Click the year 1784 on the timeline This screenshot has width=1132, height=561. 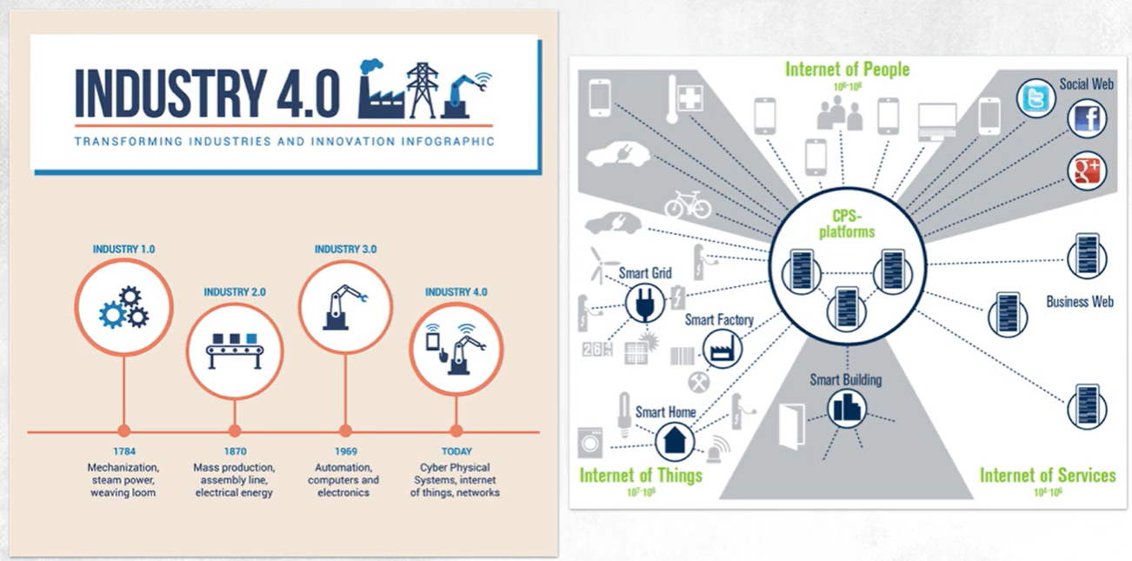point(123,451)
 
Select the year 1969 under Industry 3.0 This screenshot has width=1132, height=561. point(344,451)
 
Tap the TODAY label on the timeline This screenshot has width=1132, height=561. point(456,451)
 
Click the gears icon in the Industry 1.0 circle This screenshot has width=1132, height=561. point(123,307)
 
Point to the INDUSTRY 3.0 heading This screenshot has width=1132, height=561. point(345,250)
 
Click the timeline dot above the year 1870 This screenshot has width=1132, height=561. point(234,431)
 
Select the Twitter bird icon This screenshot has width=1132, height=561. point(1035,99)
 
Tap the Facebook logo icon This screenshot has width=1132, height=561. point(1087,118)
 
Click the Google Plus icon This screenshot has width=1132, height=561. point(1087,170)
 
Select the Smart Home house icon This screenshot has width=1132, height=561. point(674,439)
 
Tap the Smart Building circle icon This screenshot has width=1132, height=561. point(845,408)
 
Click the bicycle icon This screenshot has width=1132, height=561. point(687,205)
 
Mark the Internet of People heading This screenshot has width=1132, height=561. point(847,69)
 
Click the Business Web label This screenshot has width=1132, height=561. point(1079,302)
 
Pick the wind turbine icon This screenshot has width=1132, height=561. point(602,264)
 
